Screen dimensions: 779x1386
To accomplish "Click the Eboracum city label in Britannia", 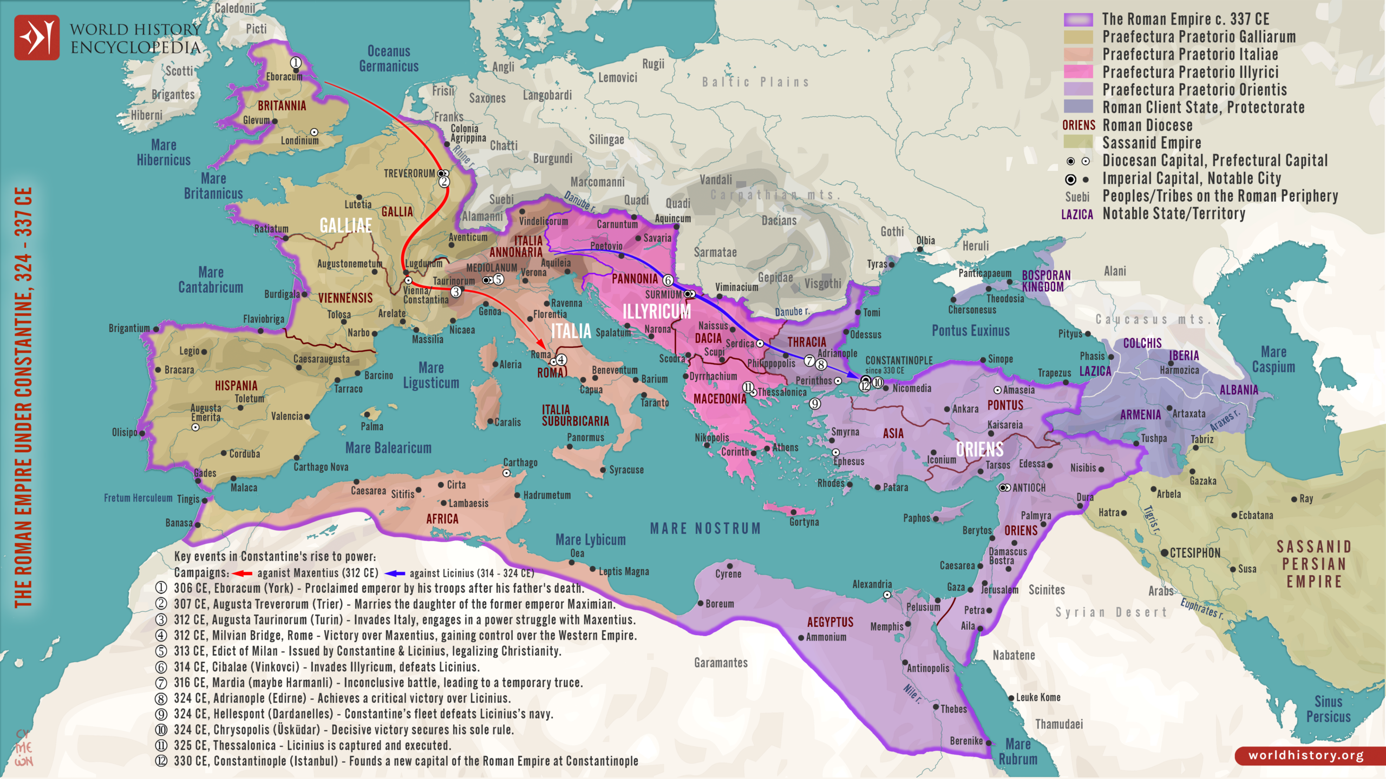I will coord(284,77).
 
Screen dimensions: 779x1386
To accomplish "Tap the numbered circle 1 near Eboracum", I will coord(296,63).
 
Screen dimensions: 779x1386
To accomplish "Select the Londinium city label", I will coord(299,141).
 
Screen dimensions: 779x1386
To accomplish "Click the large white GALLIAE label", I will coord(345,226).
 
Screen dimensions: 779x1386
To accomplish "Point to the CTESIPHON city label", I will coord(1195,553).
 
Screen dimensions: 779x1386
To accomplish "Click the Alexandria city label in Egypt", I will coord(872,584).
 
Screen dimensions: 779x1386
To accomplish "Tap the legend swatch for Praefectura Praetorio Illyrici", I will coord(1078,72).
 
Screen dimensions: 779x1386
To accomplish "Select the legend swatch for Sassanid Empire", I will coord(1078,143).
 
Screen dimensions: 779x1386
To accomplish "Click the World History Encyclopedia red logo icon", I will coord(37,37).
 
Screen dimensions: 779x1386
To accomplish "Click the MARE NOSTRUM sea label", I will coord(705,529).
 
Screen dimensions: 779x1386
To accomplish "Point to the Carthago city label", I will coord(520,463).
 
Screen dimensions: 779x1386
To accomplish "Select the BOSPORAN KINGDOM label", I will coord(1045,281).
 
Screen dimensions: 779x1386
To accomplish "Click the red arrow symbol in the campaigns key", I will coord(242,573).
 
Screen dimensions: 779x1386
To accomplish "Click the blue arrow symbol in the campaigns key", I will coord(394,573).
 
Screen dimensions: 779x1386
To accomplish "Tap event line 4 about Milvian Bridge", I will coord(405,636).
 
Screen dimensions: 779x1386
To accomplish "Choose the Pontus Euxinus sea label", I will coord(970,331).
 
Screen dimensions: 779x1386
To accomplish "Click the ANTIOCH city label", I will coord(1029,488).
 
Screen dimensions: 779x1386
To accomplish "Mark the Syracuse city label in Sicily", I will coord(626,470).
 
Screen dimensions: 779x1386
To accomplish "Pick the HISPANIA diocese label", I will coord(236,386).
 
